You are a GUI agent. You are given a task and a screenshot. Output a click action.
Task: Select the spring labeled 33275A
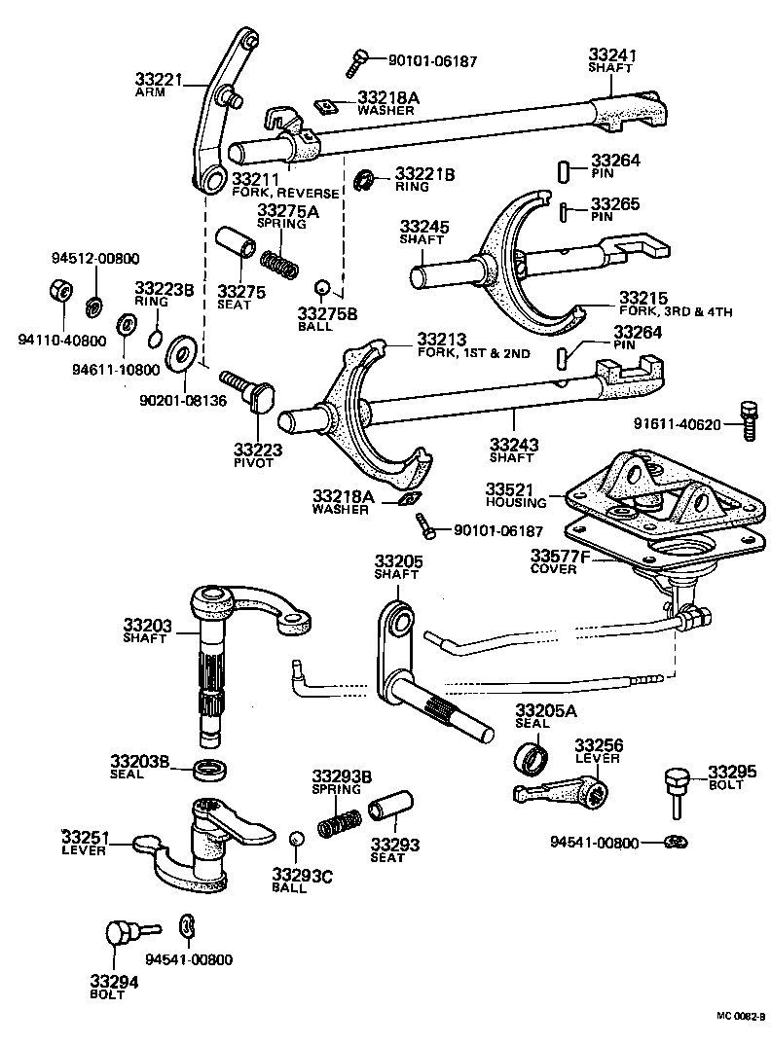tap(280, 262)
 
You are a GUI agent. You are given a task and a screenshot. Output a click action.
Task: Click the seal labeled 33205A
tap(531, 755)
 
